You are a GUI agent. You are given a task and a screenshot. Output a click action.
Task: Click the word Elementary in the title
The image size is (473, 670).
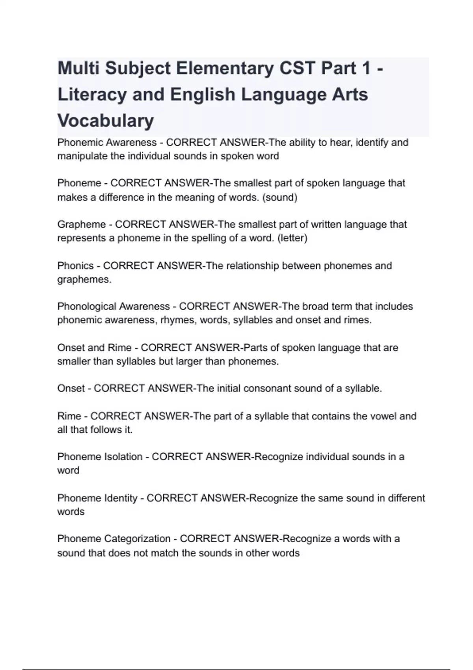[x=225, y=68]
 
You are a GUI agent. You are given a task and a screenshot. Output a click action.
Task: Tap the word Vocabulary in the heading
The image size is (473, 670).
[x=106, y=121]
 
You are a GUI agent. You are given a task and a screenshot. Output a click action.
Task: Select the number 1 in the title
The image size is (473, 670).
[x=366, y=68]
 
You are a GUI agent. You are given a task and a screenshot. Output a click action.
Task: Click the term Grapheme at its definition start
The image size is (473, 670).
[x=82, y=224]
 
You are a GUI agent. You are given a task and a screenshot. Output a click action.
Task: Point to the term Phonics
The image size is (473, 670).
[x=76, y=266]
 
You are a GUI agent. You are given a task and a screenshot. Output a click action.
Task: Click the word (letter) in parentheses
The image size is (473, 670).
[x=292, y=238]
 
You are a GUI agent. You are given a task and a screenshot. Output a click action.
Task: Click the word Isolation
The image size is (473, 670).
[x=123, y=457]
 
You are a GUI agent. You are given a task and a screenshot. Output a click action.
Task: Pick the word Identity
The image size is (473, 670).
[x=120, y=498]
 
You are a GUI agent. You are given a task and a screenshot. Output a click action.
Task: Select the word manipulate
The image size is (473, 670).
[x=82, y=156]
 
